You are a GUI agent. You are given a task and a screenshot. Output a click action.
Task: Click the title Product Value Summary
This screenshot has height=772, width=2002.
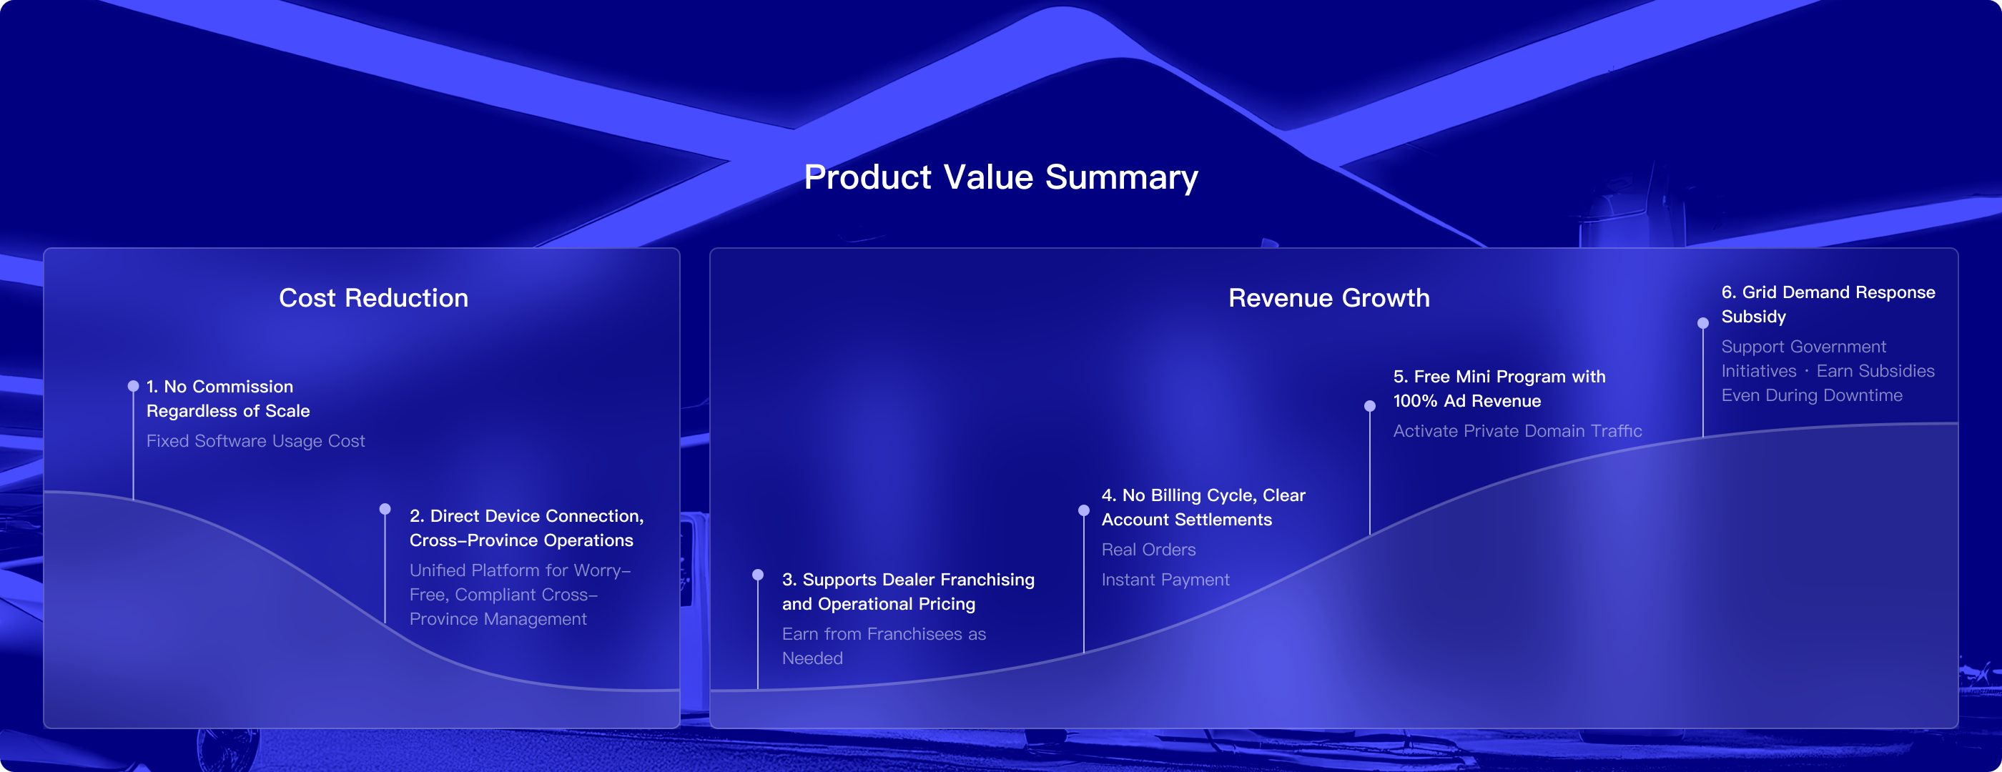[1001, 178]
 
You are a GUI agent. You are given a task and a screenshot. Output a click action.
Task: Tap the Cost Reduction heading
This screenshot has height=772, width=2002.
[374, 298]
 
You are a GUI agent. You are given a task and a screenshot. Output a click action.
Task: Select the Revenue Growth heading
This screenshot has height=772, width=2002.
[1329, 298]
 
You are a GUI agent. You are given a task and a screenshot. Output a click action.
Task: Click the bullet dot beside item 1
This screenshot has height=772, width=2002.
[133, 386]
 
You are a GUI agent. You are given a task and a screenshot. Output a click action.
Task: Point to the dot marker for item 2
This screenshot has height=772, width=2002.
[385, 510]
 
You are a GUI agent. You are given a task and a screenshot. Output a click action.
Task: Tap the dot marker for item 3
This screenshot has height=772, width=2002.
[758, 575]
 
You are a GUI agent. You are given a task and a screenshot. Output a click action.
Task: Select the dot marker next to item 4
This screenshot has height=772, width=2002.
[1083, 510]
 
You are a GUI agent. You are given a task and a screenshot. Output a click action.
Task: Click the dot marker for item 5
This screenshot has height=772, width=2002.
[1369, 405]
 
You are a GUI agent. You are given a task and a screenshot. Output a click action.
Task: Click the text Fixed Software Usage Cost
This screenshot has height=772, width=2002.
[256, 441]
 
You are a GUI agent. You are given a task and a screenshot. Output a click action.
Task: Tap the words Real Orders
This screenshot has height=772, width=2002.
[1149, 550]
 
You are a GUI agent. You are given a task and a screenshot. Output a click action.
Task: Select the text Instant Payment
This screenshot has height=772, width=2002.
[1165, 580]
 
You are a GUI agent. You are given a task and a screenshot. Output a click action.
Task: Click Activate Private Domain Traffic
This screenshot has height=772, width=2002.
[1517, 431]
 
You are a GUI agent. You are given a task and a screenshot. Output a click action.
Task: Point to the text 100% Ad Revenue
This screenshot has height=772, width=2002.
[1466, 402]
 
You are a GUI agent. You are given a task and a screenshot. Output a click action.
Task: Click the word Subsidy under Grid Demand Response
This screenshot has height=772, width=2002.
[1753, 317]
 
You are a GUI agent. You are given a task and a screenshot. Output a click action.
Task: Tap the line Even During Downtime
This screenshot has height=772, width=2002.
[1812, 395]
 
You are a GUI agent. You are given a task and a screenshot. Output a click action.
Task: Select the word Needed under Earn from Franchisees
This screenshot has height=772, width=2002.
[812, 658]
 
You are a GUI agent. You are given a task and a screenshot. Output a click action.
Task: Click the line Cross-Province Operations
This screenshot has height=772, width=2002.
[521, 540]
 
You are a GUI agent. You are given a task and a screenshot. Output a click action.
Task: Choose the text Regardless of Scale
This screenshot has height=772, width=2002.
[227, 411]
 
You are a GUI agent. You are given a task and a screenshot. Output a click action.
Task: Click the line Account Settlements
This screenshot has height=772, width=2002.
[1187, 520]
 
